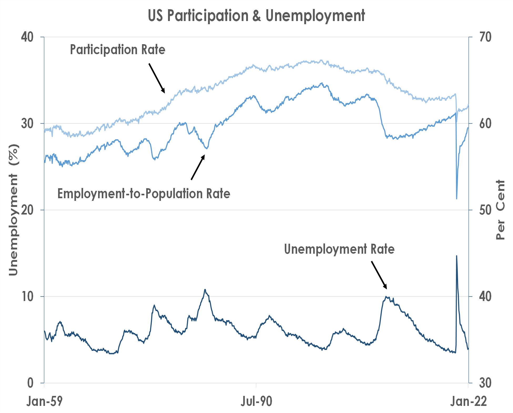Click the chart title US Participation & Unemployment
click(256, 16)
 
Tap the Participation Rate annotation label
click(118, 50)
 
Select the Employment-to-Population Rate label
click(144, 194)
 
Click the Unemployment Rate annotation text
click(339, 249)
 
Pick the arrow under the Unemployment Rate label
click(379, 275)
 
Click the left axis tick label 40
click(27, 37)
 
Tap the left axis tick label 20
click(27, 210)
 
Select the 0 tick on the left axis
click(31, 383)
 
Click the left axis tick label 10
click(27, 297)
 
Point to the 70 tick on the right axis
click(485, 37)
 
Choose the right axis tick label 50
click(485, 210)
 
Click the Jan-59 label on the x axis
click(44, 401)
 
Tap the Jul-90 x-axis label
click(256, 401)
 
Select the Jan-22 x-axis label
click(469, 401)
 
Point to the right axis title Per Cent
click(500, 210)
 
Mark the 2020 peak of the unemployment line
click(456, 256)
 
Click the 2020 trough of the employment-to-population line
click(456, 199)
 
